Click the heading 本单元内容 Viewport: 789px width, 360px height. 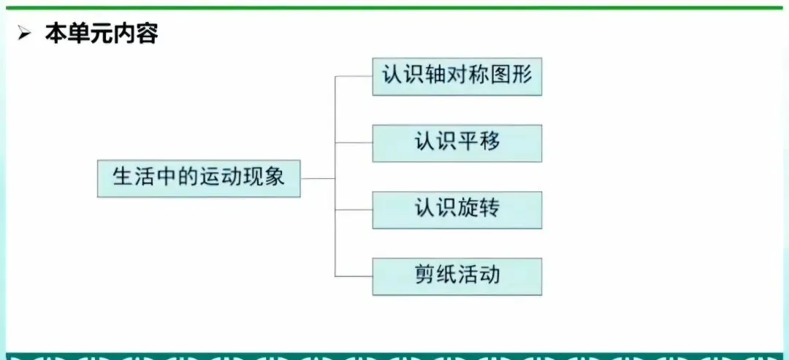coord(101,34)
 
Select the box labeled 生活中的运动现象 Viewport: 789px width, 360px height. coord(199,177)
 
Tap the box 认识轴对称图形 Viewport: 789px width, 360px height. coord(457,76)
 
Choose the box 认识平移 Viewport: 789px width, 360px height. coord(457,142)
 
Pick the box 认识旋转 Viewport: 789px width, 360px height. coord(457,209)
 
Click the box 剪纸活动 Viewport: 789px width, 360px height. coord(457,275)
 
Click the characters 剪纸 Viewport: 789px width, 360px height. coord(436,275)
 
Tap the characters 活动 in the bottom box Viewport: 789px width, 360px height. coord(479,275)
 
